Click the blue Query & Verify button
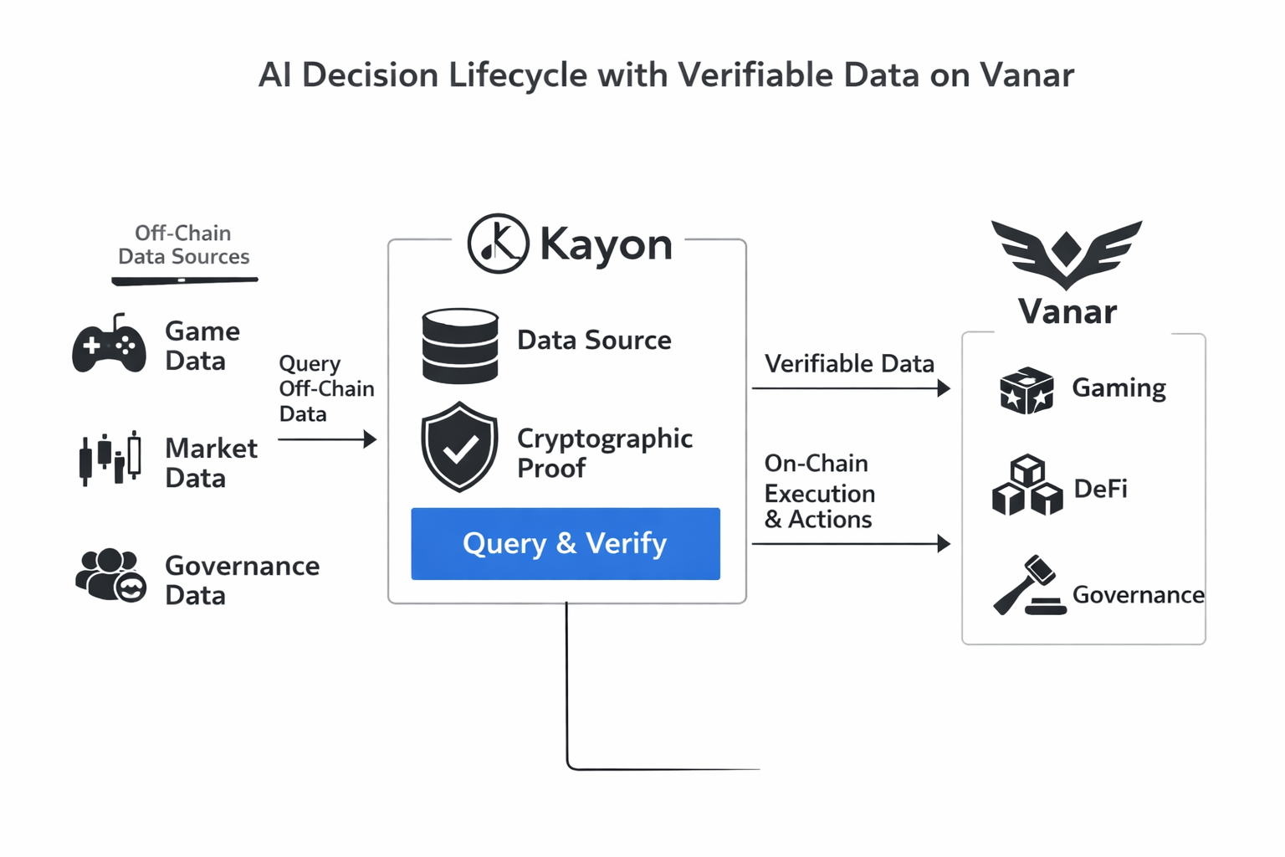pyautogui.click(x=565, y=543)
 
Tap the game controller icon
pyautogui.click(x=109, y=344)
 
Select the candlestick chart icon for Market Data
pyautogui.click(x=110, y=459)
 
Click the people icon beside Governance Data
pyautogui.click(x=110, y=575)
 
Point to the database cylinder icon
pyautogui.click(x=460, y=346)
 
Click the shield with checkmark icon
pyautogui.click(x=459, y=446)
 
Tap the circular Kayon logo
pyautogui.click(x=498, y=244)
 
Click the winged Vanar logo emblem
pyautogui.click(x=1067, y=253)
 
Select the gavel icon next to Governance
pyautogui.click(x=1028, y=586)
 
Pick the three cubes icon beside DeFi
pyautogui.click(x=1026, y=485)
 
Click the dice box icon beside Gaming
pyautogui.click(x=1026, y=390)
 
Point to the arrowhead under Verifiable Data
pyautogui.click(x=945, y=388)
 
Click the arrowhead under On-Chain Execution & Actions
pyautogui.click(x=945, y=544)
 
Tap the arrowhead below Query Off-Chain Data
pyautogui.click(x=370, y=439)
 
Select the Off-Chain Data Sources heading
pyautogui.click(x=183, y=244)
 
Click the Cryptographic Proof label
pyautogui.click(x=604, y=453)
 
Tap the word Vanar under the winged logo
pyautogui.click(x=1067, y=312)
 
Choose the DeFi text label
pyautogui.click(x=1100, y=489)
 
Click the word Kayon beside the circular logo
pyautogui.click(x=606, y=244)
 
